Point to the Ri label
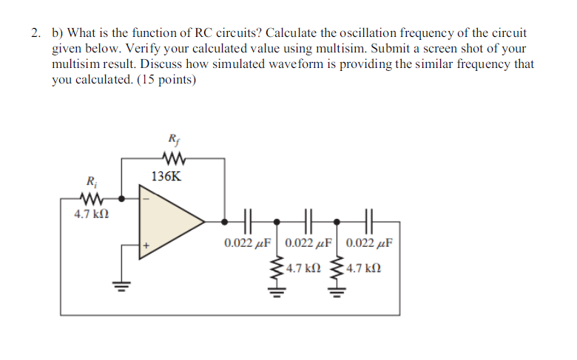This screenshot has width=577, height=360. click(x=91, y=180)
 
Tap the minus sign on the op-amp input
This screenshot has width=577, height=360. click(x=146, y=198)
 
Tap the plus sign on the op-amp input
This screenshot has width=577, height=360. click(x=146, y=242)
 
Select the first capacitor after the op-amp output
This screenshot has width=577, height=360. click(x=249, y=220)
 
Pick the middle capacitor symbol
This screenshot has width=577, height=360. click(x=309, y=220)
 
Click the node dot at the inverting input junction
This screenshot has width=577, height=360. click(x=122, y=197)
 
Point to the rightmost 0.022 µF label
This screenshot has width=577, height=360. click(x=369, y=242)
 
